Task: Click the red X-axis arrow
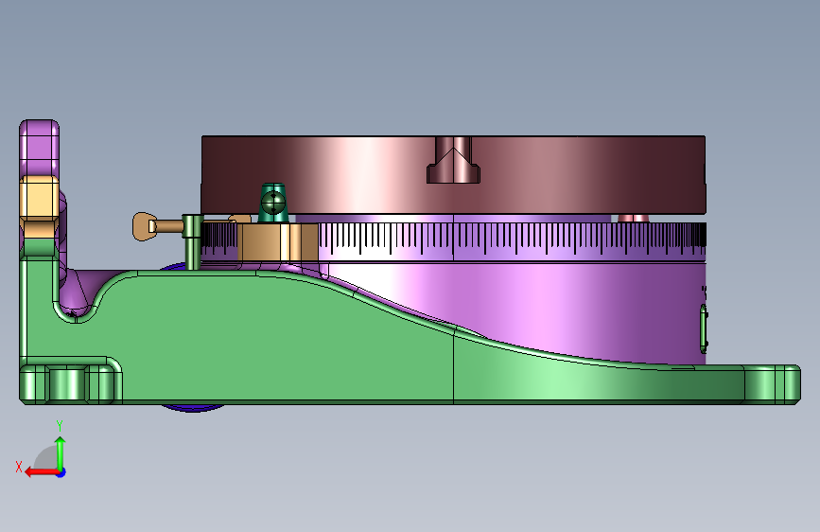click(43, 472)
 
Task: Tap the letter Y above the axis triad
click(60, 426)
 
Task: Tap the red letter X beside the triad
click(19, 467)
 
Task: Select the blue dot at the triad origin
click(61, 472)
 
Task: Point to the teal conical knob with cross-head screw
click(273, 203)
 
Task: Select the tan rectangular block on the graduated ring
click(278, 242)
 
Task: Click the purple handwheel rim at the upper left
click(39, 148)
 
